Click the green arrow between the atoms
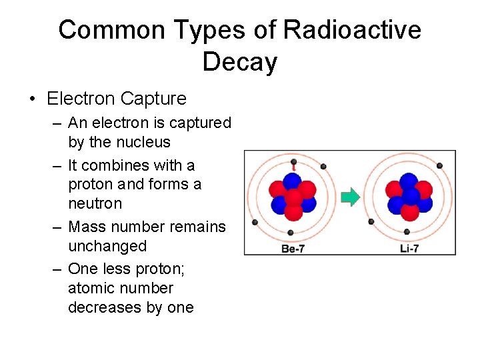[350, 197]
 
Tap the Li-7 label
[407, 249]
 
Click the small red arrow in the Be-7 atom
[293, 169]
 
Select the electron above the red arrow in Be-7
[293, 161]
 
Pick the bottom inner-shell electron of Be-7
[291, 233]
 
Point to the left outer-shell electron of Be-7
[254, 222]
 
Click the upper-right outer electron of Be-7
[323, 166]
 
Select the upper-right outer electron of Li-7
[437, 166]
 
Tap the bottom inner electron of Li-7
[407, 232]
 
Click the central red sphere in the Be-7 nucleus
[293, 198]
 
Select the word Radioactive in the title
[352, 30]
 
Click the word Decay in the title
[239, 62]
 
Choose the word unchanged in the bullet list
[107, 246]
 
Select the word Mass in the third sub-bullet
[87, 227]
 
